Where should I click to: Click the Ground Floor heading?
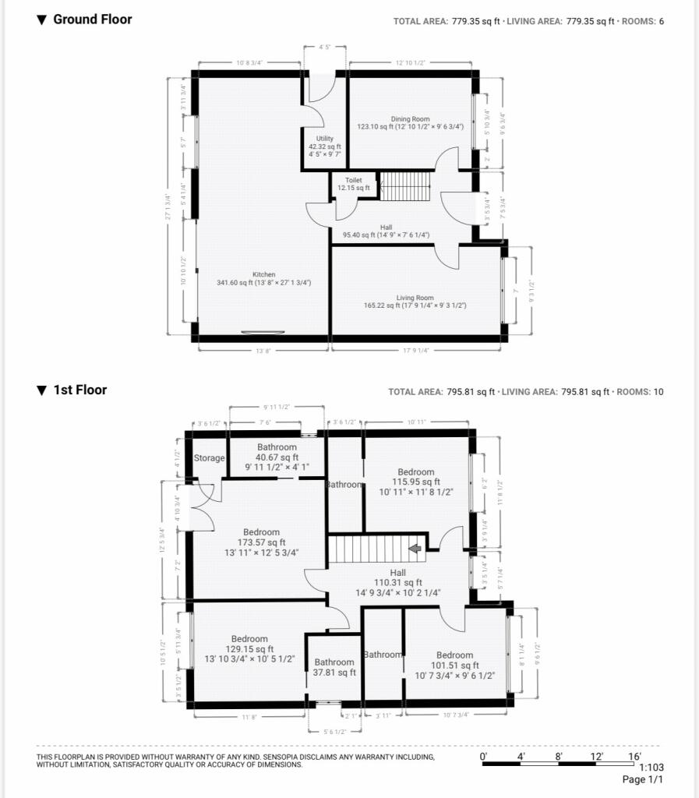[x=92, y=19]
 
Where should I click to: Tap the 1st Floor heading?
[x=79, y=390]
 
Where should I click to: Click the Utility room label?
[x=324, y=139]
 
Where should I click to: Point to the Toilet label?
[x=353, y=180]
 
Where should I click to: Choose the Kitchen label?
[x=263, y=274]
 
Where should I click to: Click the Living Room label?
[x=415, y=298]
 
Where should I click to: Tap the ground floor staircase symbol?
[x=404, y=186]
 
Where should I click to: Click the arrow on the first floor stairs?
[x=415, y=549]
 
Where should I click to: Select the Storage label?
[x=210, y=458]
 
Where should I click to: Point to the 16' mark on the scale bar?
[x=634, y=756]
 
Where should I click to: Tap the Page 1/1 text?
[x=642, y=779]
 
